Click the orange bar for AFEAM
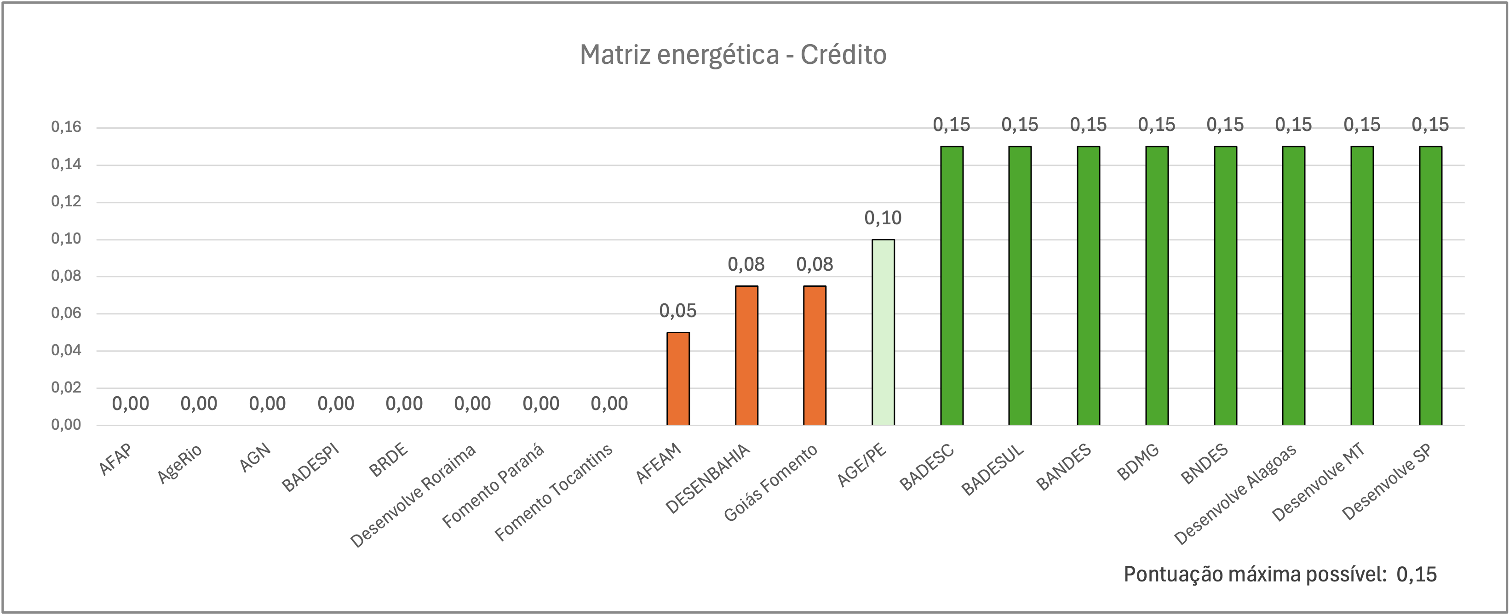tap(678, 378)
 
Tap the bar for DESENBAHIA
tap(746, 355)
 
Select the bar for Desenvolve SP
tap(1430, 285)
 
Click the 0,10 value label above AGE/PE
tap(883, 218)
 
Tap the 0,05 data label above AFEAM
tap(678, 311)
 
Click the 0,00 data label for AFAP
tap(131, 404)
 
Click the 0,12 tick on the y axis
tap(66, 201)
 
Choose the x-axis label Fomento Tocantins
tap(554, 492)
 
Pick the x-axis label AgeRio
tap(180, 464)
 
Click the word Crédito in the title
tap(843, 55)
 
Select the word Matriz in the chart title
tap(615, 55)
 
